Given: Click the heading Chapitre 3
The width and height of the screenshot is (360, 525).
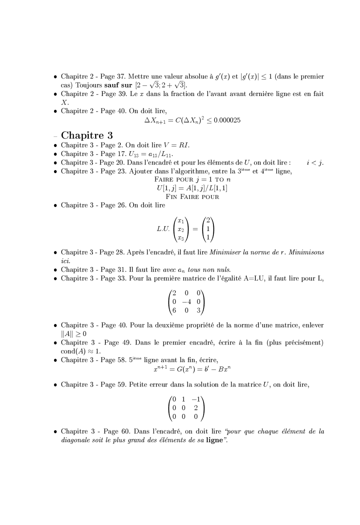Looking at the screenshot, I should click(x=87, y=135).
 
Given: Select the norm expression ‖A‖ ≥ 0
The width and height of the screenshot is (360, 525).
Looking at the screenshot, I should click(x=73, y=333).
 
